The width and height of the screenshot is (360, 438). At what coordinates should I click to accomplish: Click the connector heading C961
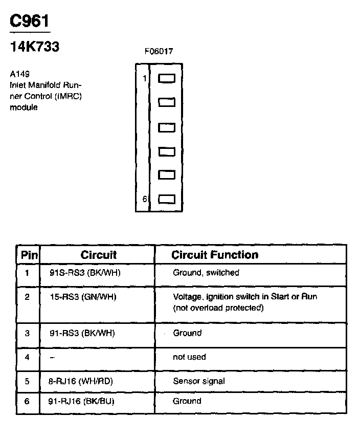click(x=30, y=21)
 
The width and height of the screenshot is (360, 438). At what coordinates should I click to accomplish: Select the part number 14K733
click(x=35, y=47)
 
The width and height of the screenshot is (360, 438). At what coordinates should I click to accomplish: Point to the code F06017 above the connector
click(x=159, y=52)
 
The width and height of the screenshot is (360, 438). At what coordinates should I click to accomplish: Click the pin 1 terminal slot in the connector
click(x=167, y=78)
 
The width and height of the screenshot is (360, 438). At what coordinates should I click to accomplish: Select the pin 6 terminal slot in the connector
click(x=167, y=199)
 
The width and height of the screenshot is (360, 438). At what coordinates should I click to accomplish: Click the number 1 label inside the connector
click(x=145, y=78)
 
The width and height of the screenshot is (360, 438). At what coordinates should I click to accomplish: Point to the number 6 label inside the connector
click(x=145, y=199)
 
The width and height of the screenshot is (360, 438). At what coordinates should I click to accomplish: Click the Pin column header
click(x=28, y=255)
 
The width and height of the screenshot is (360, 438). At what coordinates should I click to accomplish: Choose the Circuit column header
click(x=98, y=255)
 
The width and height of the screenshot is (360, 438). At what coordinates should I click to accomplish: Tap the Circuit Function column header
click(x=215, y=255)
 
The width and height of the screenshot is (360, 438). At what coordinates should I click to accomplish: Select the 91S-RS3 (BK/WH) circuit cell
click(x=85, y=273)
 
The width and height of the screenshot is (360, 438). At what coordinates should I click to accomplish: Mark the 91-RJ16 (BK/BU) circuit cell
click(x=82, y=401)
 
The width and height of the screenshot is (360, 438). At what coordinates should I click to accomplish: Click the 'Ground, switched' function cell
click(x=206, y=273)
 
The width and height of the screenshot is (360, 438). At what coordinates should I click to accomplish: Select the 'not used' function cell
click(x=189, y=357)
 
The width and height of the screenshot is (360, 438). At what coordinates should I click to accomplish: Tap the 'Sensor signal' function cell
click(x=198, y=381)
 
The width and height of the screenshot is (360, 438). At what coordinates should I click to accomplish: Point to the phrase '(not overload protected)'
click(x=218, y=308)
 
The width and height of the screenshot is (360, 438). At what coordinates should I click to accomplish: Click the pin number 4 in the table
click(x=27, y=357)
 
